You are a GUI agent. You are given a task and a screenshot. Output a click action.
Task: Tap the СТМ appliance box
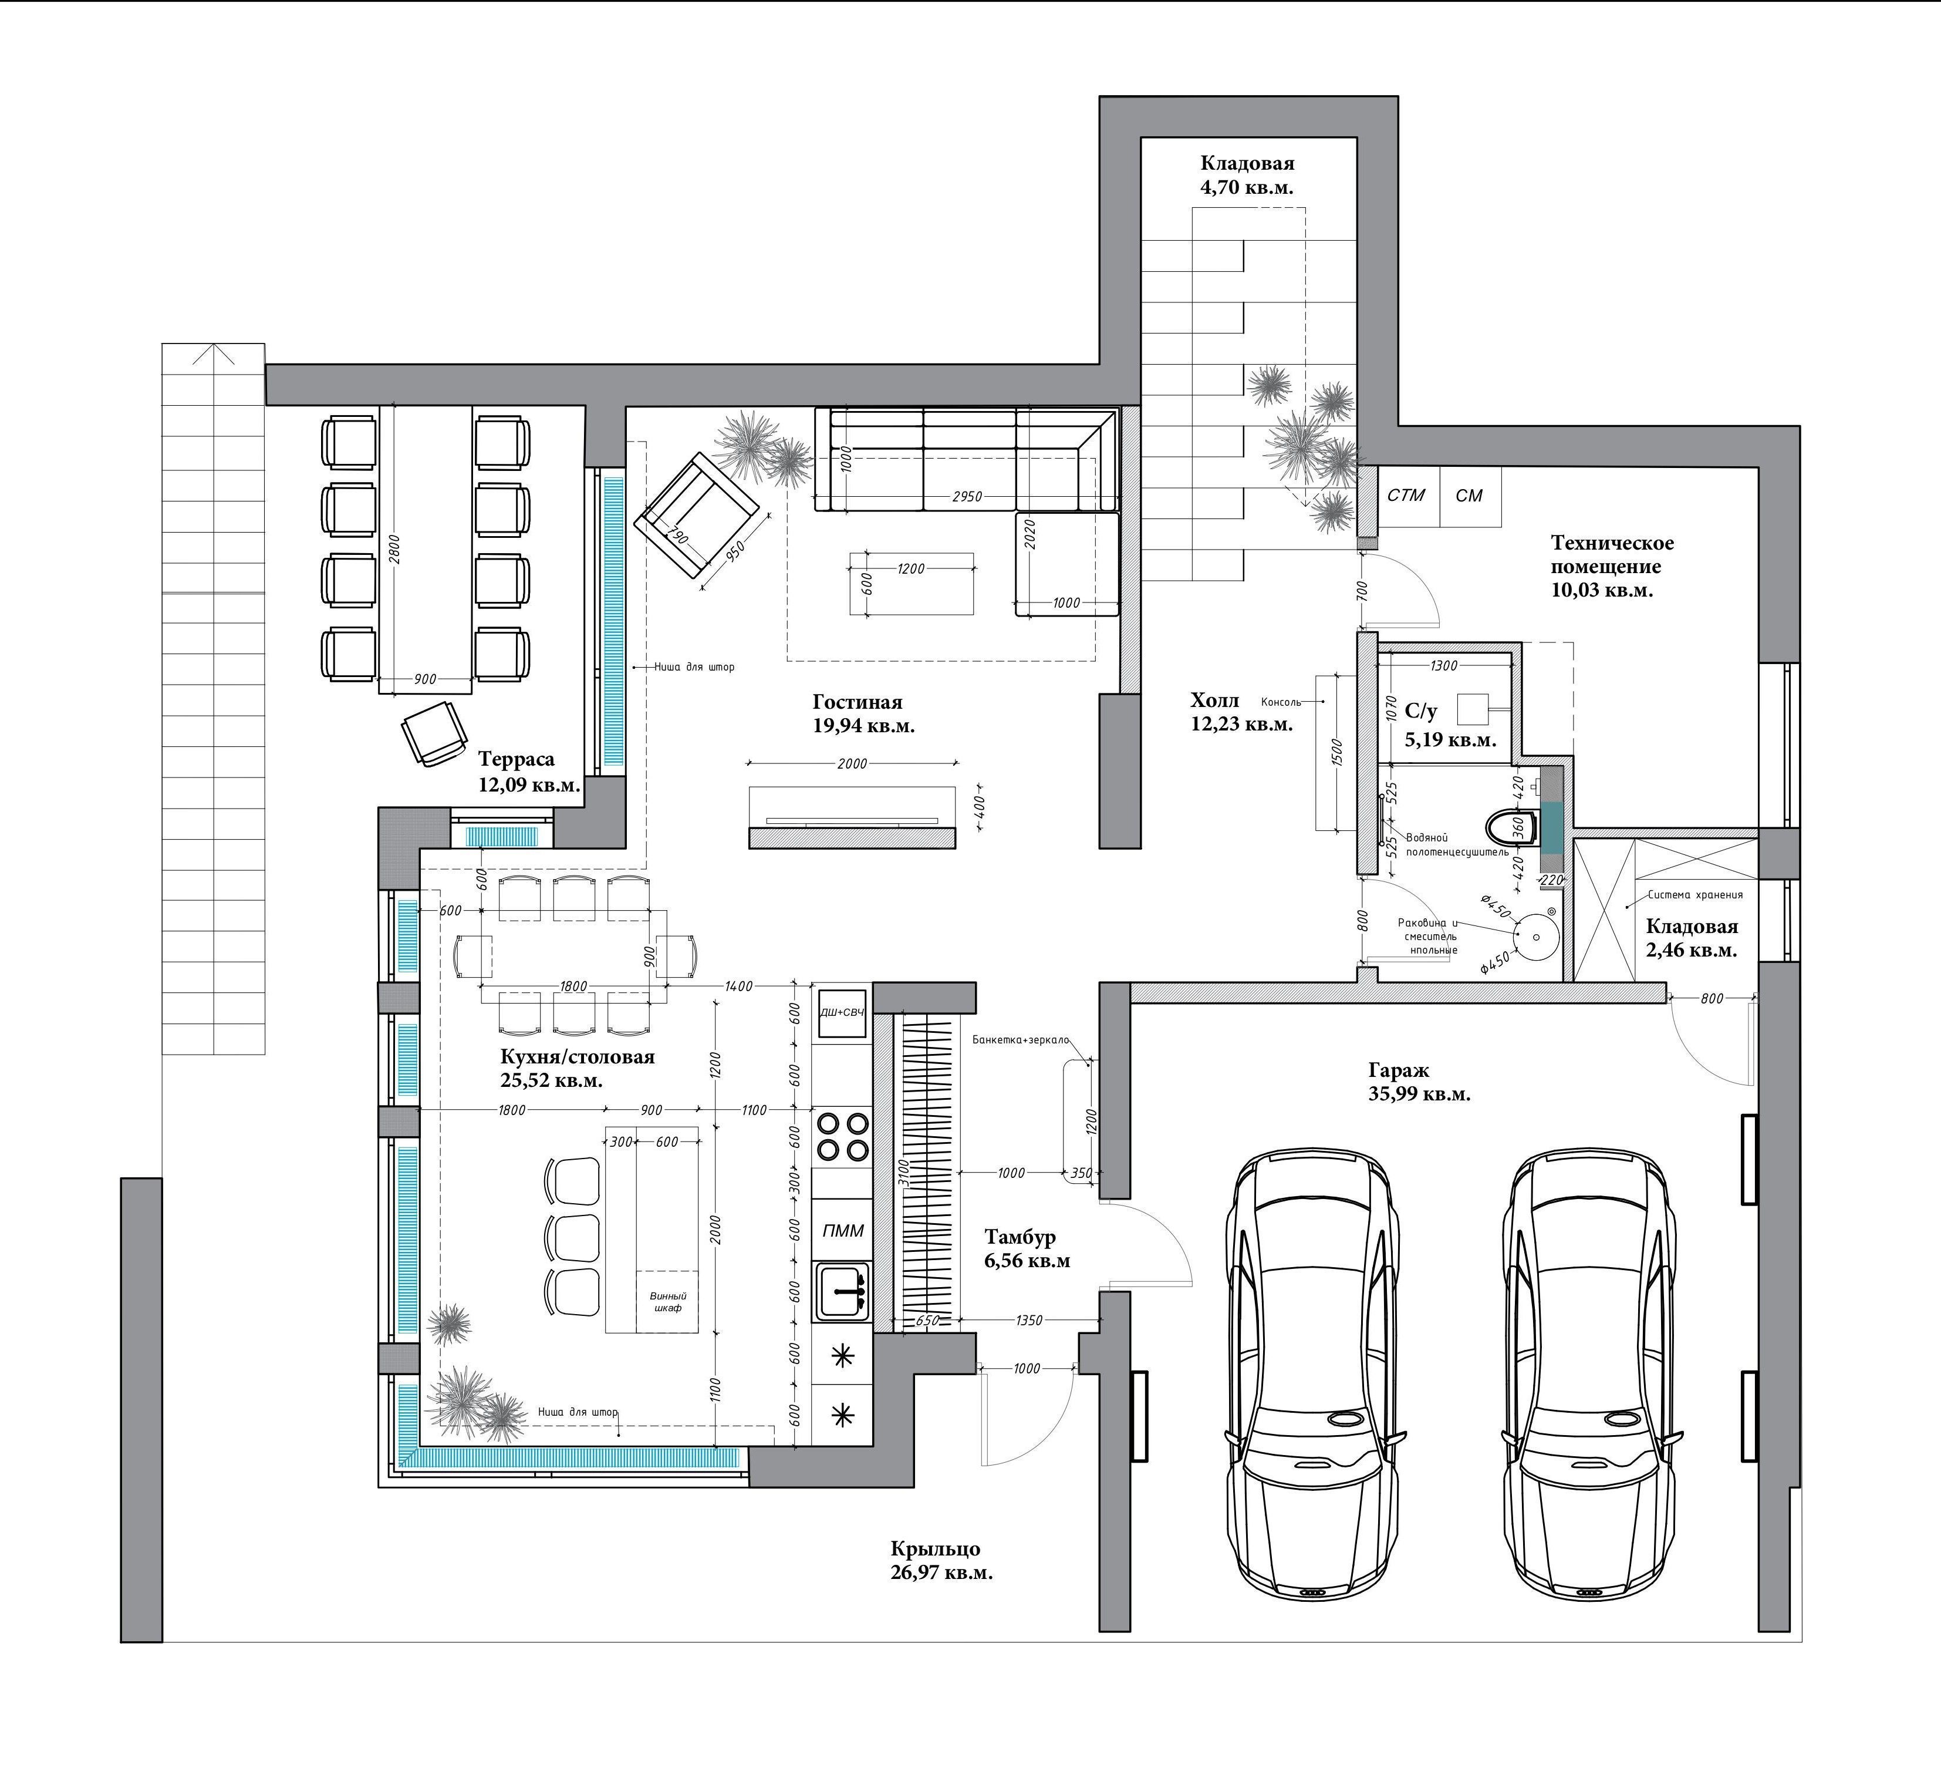(x=1407, y=496)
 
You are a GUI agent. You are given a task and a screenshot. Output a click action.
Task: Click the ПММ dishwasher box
(x=842, y=1231)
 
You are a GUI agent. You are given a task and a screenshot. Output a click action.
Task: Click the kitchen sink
(x=842, y=1292)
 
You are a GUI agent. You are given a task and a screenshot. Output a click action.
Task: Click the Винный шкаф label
(x=667, y=1301)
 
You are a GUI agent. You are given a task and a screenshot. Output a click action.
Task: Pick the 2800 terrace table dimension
(x=394, y=548)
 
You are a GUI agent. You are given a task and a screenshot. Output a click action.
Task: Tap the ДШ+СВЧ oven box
(x=842, y=1013)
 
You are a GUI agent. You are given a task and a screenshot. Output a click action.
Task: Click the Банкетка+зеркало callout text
(x=1020, y=1040)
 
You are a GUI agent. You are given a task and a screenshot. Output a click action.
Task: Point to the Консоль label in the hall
(x=1281, y=702)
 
